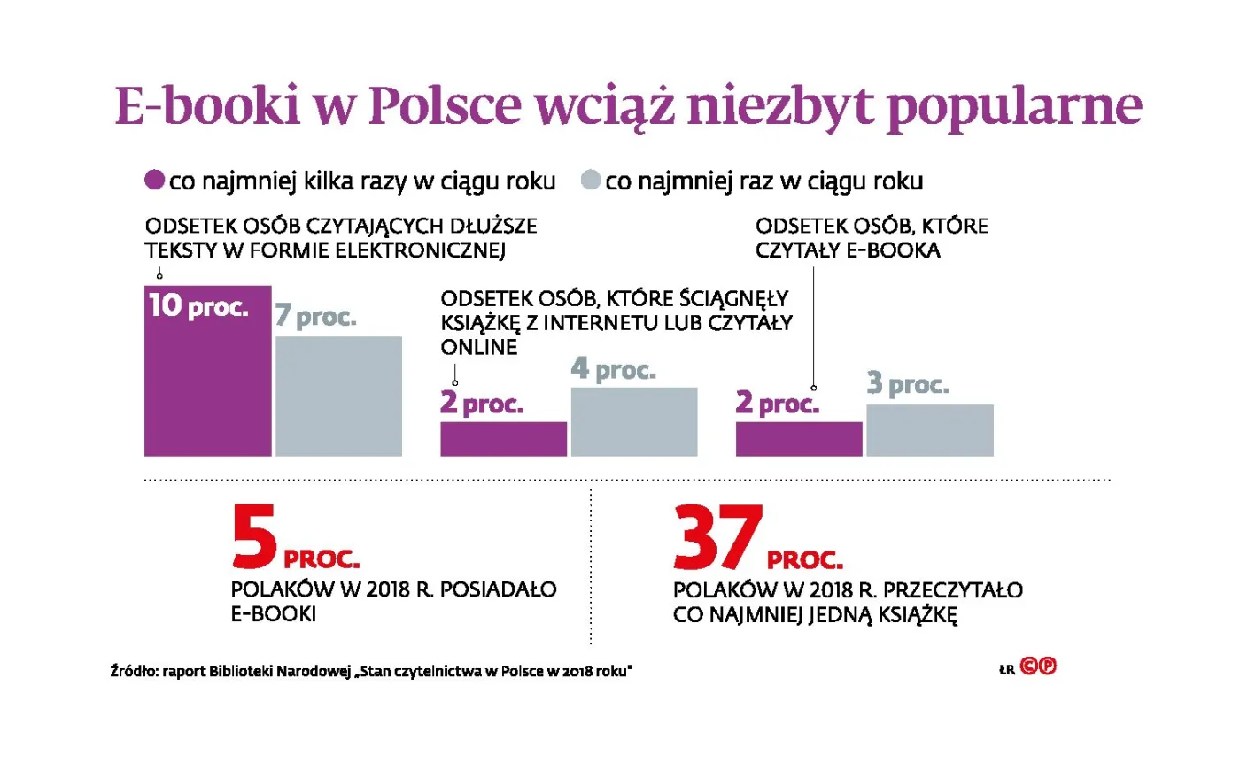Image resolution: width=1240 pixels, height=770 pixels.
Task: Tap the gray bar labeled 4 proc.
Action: pos(634,422)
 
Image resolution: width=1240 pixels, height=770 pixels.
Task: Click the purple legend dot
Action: pos(155,181)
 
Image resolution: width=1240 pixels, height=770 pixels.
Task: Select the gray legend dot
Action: pos(591,181)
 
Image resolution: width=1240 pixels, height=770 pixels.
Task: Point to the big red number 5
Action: pos(254,537)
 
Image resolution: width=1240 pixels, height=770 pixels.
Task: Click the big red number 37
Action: pos(717,537)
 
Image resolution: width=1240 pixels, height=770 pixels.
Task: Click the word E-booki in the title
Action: pos(208,106)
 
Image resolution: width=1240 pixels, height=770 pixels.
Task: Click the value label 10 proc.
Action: pos(198,306)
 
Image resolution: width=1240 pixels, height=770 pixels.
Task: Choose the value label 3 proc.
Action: pos(908,383)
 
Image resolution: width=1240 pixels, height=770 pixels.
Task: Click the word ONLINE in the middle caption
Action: pos(479,348)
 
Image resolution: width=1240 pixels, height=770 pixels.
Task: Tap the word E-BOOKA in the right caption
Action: pos(894,250)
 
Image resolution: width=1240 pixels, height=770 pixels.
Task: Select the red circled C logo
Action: pos(1028,666)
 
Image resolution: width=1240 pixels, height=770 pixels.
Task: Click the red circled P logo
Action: pos(1048,666)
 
